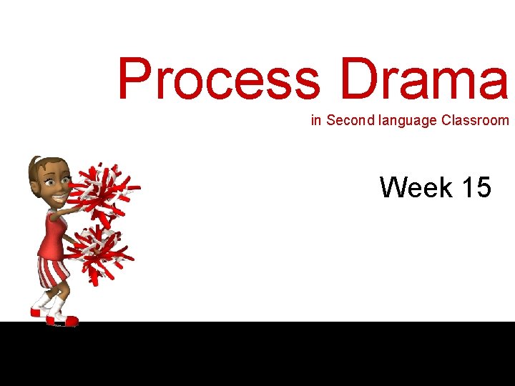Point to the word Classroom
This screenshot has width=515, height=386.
475,121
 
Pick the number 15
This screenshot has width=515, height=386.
476,188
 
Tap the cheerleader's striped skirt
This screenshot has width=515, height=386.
54,272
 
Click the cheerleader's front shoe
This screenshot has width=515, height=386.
63,320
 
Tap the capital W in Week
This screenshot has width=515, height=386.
396,188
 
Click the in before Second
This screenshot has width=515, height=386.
315,121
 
